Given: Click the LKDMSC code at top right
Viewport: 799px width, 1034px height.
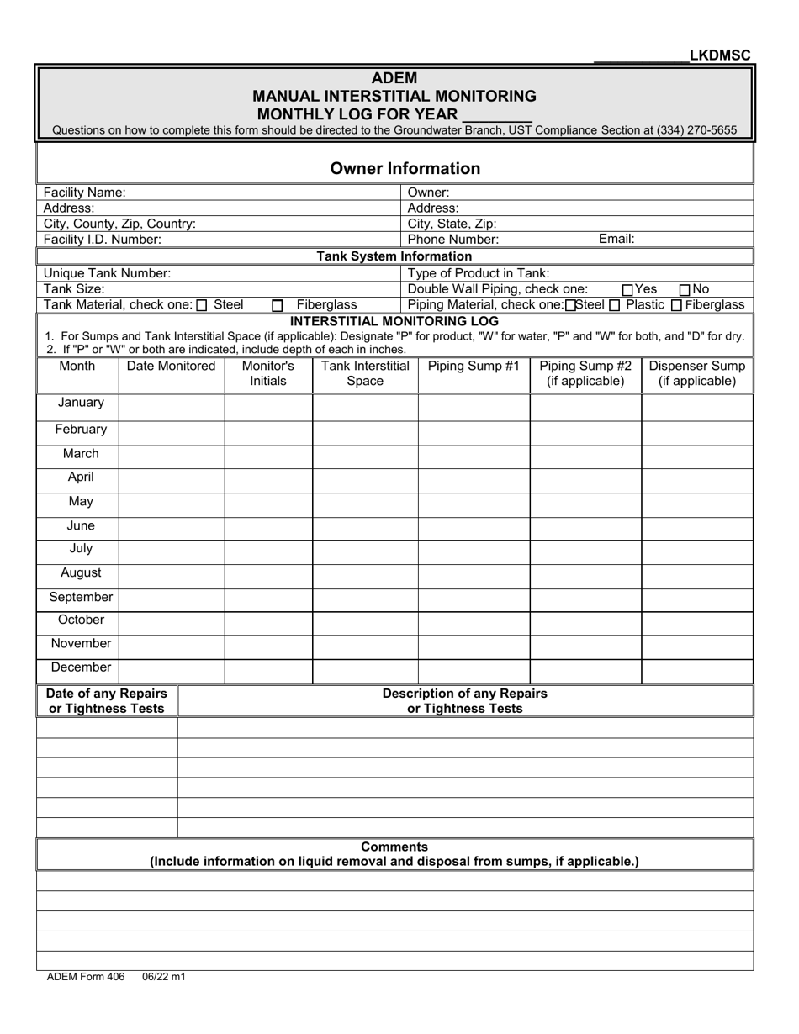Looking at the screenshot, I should click(x=720, y=55).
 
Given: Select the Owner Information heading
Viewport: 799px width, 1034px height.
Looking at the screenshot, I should click(x=405, y=168).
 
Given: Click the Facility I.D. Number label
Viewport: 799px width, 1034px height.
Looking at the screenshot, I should click(x=102, y=239).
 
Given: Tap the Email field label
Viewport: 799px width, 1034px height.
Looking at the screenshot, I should click(x=616, y=239).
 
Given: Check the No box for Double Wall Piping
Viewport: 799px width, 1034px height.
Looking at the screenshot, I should click(x=685, y=290).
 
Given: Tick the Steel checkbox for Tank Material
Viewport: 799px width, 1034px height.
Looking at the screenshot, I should click(x=202, y=306).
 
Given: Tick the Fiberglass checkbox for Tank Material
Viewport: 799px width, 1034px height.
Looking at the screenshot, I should click(x=278, y=306).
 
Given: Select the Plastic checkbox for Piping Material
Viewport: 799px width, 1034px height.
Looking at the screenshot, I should click(x=615, y=305).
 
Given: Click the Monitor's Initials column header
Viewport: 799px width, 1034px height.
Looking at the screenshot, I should click(x=267, y=373).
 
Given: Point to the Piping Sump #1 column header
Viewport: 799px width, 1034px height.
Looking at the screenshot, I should click(x=474, y=366).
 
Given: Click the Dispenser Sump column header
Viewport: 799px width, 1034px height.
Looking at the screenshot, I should click(x=697, y=373).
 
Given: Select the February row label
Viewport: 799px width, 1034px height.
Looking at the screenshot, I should click(x=81, y=430).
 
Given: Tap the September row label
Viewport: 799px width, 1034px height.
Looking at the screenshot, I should click(x=81, y=598).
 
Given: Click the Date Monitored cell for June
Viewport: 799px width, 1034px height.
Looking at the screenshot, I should click(x=172, y=527).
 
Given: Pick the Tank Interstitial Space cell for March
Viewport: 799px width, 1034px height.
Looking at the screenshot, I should click(x=365, y=454).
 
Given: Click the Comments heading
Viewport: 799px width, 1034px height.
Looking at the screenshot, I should click(x=394, y=847).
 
